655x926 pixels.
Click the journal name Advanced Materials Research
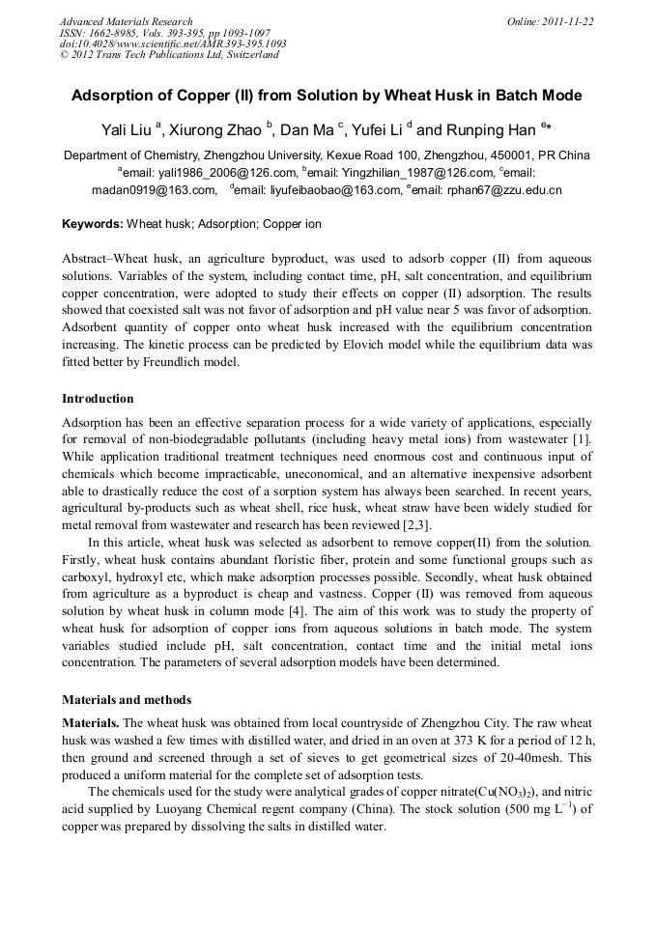pyautogui.click(x=126, y=21)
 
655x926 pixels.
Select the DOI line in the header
pyautogui.click(x=173, y=43)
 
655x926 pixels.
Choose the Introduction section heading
pyautogui.click(x=98, y=399)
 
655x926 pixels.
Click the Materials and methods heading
pyautogui.click(x=127, y=700)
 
